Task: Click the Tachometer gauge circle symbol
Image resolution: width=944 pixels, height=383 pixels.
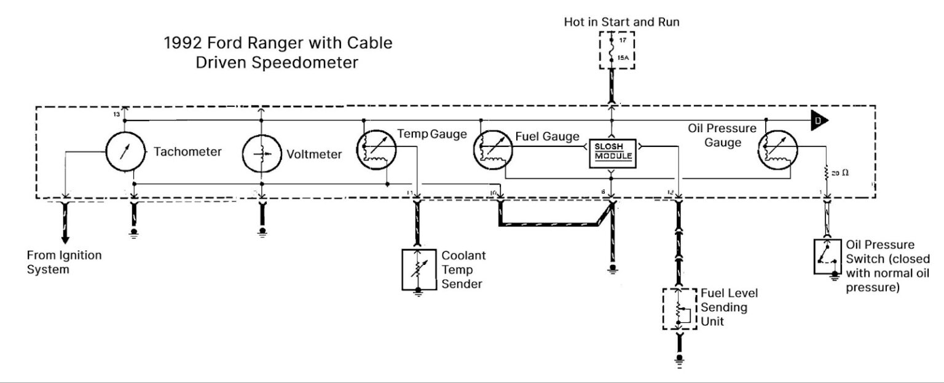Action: click(x=124, y=152)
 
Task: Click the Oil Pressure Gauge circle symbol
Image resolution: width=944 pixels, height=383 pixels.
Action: click(x=778, y=148)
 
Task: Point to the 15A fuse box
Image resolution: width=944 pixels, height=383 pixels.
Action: click(x=617, y=50)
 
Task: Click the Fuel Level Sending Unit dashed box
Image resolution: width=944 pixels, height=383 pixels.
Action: click(x=679, y=309)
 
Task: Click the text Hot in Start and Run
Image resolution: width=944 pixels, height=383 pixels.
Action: click(x=621, y=22)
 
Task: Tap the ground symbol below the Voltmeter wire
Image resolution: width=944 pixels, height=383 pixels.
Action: click(x=262, y=232)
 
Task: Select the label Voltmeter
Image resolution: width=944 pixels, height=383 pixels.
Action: click(x=313, y=154)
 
